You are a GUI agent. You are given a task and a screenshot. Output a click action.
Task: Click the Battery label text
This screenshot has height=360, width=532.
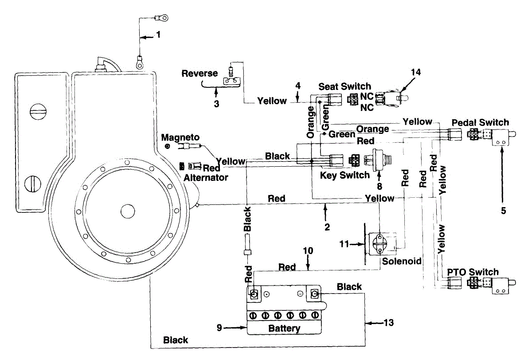click(284, 329)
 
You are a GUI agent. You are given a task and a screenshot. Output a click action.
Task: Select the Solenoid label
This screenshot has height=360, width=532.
click(402, 261)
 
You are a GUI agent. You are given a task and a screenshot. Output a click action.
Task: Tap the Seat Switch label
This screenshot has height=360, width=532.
click(344, 86)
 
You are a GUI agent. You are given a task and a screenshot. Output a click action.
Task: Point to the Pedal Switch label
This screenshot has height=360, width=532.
click(480, 122)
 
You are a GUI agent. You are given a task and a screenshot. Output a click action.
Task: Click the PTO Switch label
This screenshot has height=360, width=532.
click(473, 272)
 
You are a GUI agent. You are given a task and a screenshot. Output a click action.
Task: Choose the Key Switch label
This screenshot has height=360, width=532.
click(345, 175)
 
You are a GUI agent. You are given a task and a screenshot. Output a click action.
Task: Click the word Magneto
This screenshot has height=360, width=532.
click(180, 137)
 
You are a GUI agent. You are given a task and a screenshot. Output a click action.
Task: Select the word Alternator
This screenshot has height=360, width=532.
click(206, 178)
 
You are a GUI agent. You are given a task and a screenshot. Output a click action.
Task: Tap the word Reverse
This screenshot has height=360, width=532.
click(199, 73)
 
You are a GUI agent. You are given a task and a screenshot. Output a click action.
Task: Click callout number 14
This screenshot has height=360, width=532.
click(416, 72)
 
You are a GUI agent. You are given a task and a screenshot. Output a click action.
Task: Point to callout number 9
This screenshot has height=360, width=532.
click(219, 328)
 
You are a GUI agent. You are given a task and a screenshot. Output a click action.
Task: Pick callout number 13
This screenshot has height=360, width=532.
click(389, 323)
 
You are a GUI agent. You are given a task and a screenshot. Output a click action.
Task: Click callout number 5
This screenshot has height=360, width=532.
click(504, 211)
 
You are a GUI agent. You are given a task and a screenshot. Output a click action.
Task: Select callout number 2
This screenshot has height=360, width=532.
click(327, 227)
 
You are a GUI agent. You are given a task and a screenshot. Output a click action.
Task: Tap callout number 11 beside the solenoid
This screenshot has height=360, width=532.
click(344, 244)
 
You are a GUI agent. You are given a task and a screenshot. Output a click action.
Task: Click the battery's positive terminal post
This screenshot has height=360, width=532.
click(254, 294)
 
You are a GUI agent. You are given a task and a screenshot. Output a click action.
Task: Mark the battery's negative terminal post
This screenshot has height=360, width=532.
click(314, 294)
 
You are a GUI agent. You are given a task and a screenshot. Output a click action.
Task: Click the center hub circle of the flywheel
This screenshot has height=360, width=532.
click(128, 211)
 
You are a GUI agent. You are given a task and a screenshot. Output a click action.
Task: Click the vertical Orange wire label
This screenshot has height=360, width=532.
click(310, 122)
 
